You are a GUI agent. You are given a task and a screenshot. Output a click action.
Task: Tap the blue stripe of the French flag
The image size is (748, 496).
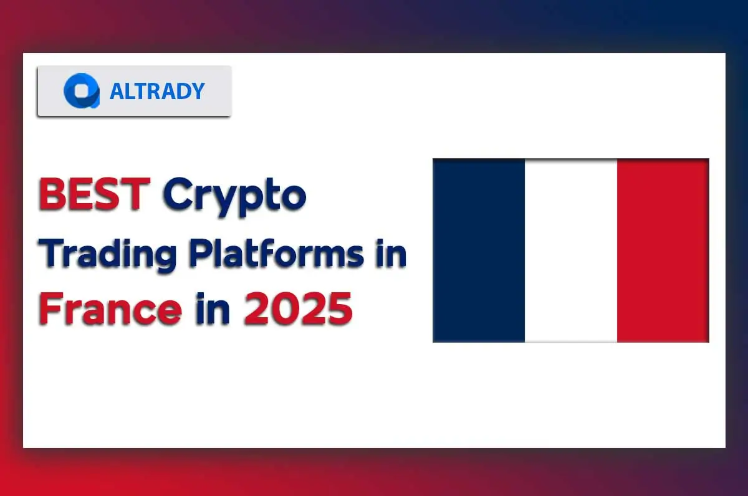coord(479,250)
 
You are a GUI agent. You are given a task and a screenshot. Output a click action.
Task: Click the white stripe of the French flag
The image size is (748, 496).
coord(570,250)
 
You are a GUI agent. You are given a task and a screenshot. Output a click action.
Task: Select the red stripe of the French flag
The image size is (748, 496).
coord(663,250)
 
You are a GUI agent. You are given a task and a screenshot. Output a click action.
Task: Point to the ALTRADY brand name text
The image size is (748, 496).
coord(156,92)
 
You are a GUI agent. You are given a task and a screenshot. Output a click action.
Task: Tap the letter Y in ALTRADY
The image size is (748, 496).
coord(198,92)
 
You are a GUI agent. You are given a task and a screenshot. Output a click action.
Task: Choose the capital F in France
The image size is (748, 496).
coord(50,310)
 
